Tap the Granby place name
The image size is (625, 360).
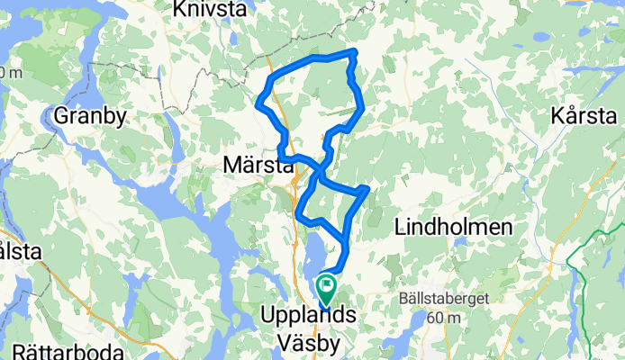[x=91, y=115]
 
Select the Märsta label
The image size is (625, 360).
[x=255, y=164]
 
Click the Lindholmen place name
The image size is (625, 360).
[x=453, y=227]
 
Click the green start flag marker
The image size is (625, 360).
[x=325, y=289]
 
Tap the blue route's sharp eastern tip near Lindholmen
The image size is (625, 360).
[x=367, y=188]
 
